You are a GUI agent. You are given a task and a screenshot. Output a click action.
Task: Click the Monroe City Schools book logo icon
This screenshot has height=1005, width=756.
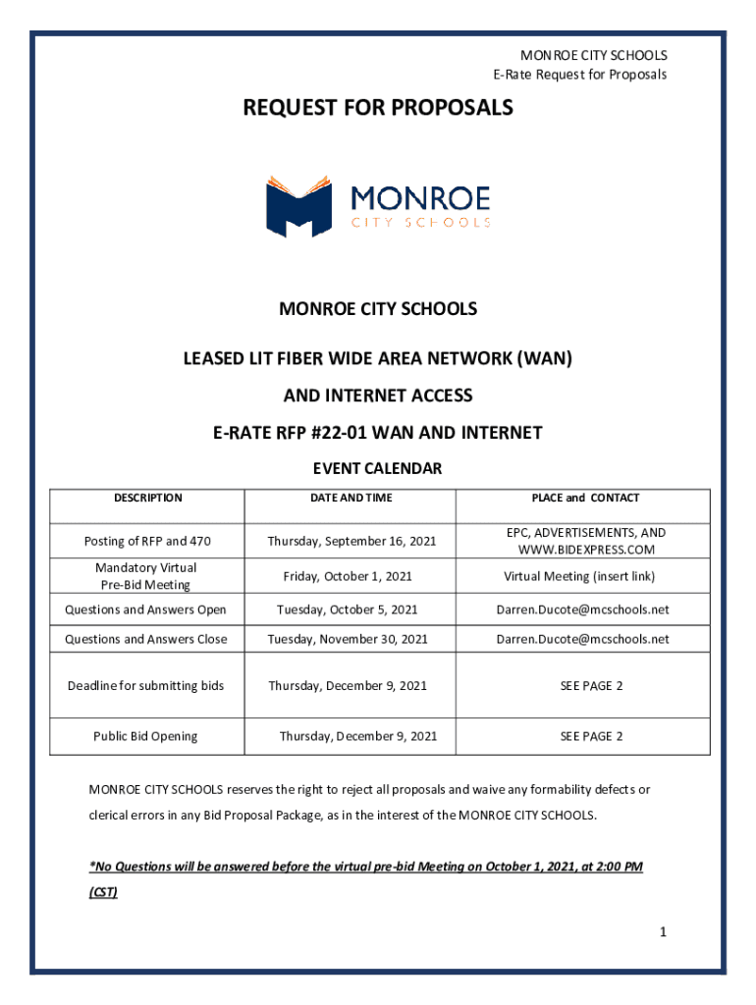coord(298,206)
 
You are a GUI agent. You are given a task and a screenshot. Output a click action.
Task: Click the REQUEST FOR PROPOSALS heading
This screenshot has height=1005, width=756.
coord(378,108)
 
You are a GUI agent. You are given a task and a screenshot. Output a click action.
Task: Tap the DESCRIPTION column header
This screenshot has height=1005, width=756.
coord(147,498)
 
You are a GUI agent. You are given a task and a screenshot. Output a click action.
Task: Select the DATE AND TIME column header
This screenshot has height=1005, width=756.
coord(351,498)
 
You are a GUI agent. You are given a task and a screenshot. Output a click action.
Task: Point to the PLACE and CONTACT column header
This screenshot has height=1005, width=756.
coord(585,498)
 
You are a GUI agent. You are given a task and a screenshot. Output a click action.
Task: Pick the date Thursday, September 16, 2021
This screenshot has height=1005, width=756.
coord(351,541)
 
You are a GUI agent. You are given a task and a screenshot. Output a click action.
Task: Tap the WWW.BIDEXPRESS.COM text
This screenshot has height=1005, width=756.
coord(585,550)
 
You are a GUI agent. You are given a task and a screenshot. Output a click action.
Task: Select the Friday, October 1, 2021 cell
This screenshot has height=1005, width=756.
coord(348,576)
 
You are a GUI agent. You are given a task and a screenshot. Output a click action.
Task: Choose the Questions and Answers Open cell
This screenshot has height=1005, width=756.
coord(145,609)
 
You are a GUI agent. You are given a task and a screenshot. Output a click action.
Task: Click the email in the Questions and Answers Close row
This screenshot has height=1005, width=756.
coord(582,639)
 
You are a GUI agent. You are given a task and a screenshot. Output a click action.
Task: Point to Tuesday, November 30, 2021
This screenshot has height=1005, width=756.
coord(348,639)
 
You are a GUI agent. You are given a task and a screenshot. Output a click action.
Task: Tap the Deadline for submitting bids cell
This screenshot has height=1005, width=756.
coord(145,685)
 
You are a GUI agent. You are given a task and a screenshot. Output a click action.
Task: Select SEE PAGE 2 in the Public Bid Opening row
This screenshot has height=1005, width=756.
coord(591,736)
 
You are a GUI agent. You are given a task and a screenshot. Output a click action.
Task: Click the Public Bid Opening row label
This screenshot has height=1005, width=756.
coord(145,736)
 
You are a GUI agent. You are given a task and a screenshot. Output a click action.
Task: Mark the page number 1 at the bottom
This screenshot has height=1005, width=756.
coord(663,933)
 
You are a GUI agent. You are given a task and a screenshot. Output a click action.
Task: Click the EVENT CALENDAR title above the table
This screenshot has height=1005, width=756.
coord(378,468)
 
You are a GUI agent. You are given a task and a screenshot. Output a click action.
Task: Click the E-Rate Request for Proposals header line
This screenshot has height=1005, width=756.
coord(579,75)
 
